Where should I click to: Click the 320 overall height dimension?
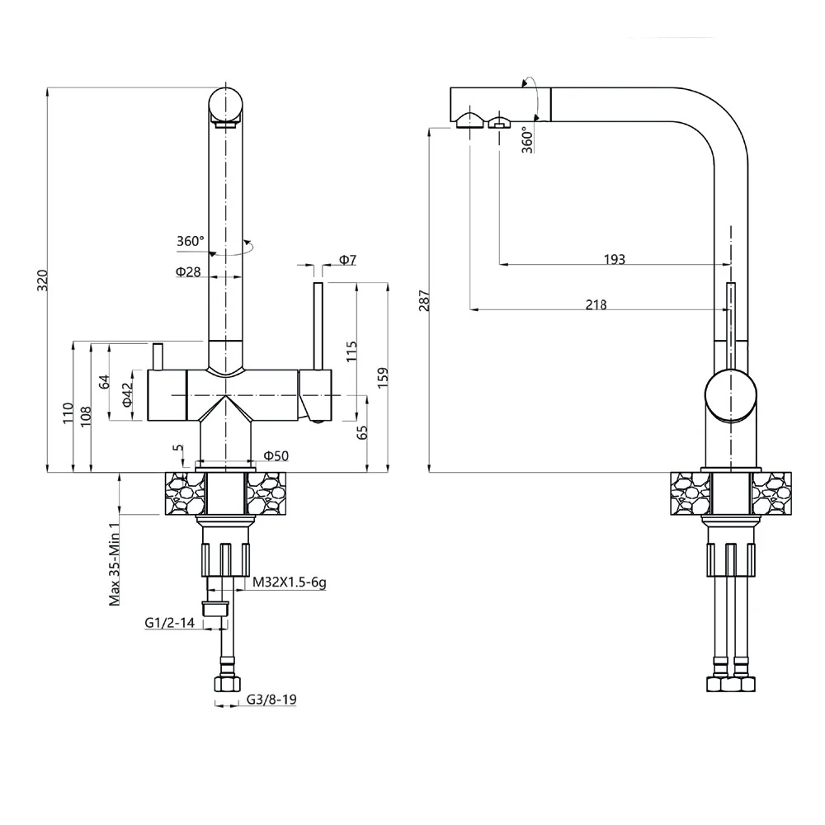click(43, 280)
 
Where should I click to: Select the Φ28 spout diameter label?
click(188, 271)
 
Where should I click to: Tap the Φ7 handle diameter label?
click(348, 259)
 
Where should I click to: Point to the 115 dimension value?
click(352, 351)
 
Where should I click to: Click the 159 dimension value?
click(383, 378)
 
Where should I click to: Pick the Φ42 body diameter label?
click(127, 394)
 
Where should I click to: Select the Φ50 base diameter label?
click(276, 455)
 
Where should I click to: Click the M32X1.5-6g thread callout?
click(290, 582)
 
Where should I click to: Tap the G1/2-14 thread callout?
click(170, 622)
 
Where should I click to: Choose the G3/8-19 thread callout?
click(271, 700)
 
